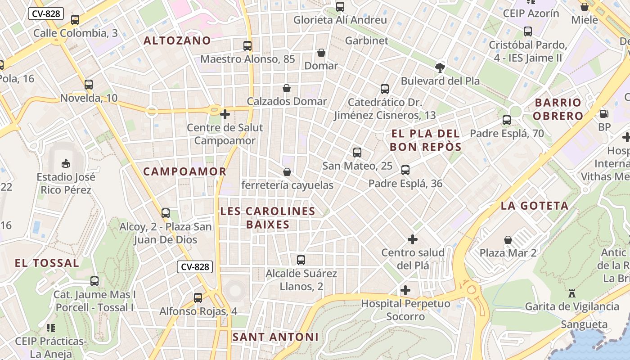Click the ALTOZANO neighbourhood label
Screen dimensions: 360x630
click(177, 40)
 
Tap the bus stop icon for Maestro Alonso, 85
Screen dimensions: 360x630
click(247, 45)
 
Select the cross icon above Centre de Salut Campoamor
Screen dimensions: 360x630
click(225, 114)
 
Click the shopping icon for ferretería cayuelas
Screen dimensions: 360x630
click(287, 172)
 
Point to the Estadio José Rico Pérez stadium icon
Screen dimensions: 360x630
click(66, 163)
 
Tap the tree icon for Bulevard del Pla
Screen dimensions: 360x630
click(440, 68)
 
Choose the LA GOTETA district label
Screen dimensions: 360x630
click(535, 206)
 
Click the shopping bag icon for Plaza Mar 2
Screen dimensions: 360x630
click(508, 240)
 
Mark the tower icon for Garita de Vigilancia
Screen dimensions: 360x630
click(572, 293)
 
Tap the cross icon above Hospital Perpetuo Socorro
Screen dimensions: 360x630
click(405, 290)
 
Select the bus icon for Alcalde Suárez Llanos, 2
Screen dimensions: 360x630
click(301, 260)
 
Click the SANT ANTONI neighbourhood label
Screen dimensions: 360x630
click(275, 337)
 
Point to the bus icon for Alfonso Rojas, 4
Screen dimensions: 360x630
click(198, 298)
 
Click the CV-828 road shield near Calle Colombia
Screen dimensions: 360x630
click(46, 13)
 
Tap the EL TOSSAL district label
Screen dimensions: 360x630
click(47, 263)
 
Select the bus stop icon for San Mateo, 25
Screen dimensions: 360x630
click(357, 153)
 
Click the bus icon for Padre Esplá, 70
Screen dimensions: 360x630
click(507, 120)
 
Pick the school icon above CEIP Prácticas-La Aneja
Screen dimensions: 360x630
click(50, 328)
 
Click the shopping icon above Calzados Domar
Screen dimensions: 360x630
click(287, 88)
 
